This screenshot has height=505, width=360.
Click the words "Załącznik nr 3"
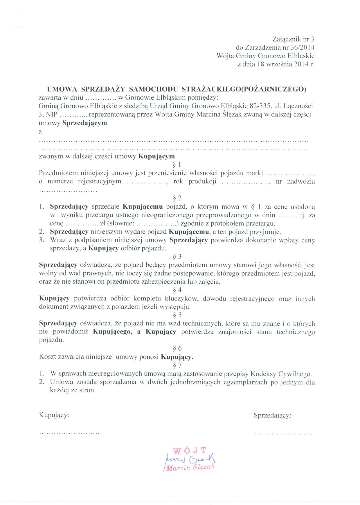click(293, 39)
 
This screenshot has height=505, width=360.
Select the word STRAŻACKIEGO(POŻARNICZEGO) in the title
click(244, 89)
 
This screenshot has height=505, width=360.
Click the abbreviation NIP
click(51, 114)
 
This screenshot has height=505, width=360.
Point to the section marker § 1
click(177, 165)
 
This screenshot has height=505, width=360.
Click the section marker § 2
click(177, 198)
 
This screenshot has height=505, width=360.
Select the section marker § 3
click(177, 257)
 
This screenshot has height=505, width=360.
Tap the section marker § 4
click(177, 290)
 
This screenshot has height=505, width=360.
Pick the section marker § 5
click(177, 315)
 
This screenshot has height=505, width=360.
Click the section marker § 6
click(177, 348)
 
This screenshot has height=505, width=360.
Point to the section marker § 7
click(177, 365)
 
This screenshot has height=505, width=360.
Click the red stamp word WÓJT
click(190, 451)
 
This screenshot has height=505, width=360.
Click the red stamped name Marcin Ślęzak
click(190, 467)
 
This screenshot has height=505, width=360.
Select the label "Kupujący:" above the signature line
click(54, 415)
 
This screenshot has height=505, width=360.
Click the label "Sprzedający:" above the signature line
click(272, 416)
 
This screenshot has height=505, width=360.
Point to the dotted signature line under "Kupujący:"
click(69, 433)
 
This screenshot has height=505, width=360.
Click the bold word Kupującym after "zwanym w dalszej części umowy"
click(156, 156)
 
